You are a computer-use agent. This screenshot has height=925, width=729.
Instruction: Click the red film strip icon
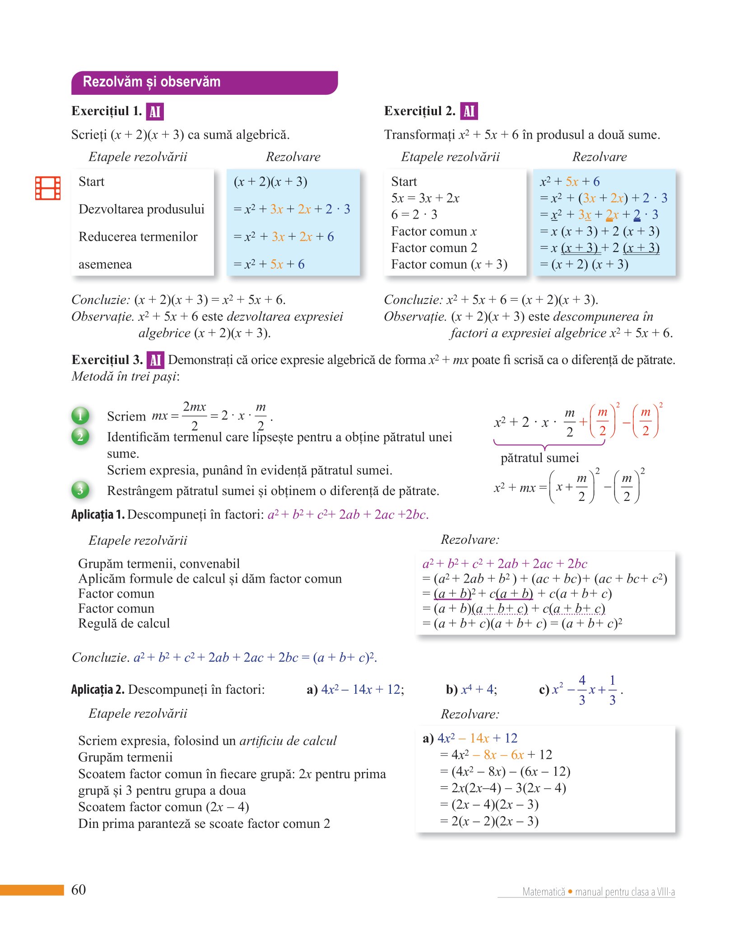(48, 188)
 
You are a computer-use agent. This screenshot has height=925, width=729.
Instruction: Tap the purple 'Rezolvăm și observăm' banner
(204, 83)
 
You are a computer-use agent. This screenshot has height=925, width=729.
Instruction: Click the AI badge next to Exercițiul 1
(155, 112)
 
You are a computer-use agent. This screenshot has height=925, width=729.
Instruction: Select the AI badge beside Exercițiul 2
(469, 111)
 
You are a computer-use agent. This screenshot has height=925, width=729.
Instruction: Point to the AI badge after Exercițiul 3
(155, 360)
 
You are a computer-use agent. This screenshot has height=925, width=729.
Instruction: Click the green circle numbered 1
(80, 416)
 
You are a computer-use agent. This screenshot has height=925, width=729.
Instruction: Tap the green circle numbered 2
(80, 436)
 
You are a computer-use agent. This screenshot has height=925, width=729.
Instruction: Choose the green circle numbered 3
(80, 490)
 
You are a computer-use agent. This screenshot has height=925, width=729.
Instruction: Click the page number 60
(79, 889)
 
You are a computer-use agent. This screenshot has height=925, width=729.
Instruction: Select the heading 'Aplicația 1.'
(98, 514)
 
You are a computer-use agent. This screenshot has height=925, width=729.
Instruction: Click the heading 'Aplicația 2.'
(98, 689)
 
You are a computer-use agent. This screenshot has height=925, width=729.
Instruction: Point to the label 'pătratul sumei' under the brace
(539, 458)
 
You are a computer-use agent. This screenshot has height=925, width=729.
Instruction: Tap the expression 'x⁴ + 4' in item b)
(478, 689)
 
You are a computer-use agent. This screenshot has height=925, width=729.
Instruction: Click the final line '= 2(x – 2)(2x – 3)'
(489, 821)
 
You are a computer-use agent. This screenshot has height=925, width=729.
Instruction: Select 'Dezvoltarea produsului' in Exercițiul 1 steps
(141, 209)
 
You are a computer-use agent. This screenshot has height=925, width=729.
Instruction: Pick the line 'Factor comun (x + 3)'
(449, 264)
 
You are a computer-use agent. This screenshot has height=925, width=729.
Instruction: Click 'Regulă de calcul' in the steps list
(124, 623)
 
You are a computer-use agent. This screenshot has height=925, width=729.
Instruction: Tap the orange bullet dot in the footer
(570, 892)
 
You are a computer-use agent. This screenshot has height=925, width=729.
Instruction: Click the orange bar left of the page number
(32, 890)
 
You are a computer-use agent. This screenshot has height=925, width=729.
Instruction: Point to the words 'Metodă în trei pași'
(125, 376)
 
